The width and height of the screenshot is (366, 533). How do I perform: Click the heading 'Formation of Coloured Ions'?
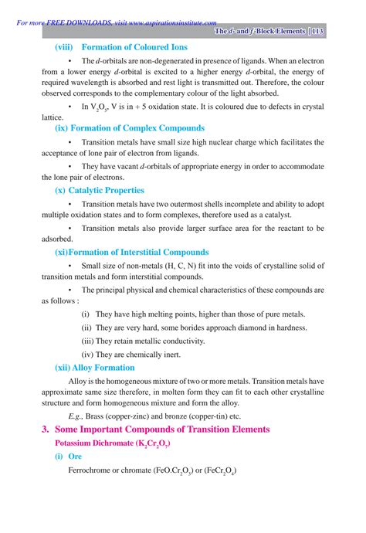(134, 47)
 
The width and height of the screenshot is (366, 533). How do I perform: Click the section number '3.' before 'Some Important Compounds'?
(46, 429)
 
